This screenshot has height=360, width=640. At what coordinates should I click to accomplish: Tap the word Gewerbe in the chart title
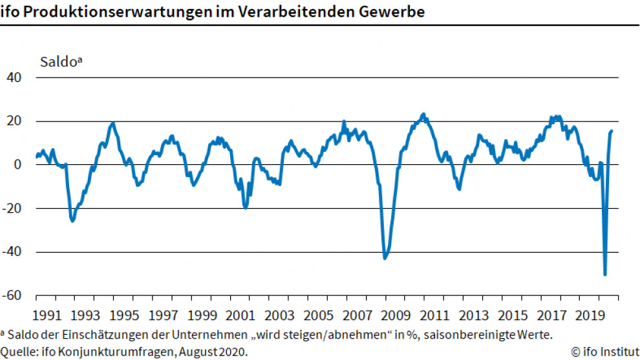pos(394,12)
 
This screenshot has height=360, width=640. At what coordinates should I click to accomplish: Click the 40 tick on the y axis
pos(14,78)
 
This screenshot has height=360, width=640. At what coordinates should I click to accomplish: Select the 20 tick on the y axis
pos(14,122)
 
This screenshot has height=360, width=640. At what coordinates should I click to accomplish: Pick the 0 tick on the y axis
pos(18,165)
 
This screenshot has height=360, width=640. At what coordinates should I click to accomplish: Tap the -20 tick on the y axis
pos(13,209)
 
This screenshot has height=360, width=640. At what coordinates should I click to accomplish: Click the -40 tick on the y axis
pos(13,252)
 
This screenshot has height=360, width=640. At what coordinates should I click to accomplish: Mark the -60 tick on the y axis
pos(13,295)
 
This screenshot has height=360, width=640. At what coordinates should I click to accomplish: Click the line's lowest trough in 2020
pos(605,275)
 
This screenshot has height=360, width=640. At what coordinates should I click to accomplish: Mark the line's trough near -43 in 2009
pos(385,258)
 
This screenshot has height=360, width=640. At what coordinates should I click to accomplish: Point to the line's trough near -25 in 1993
pos(72,221)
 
